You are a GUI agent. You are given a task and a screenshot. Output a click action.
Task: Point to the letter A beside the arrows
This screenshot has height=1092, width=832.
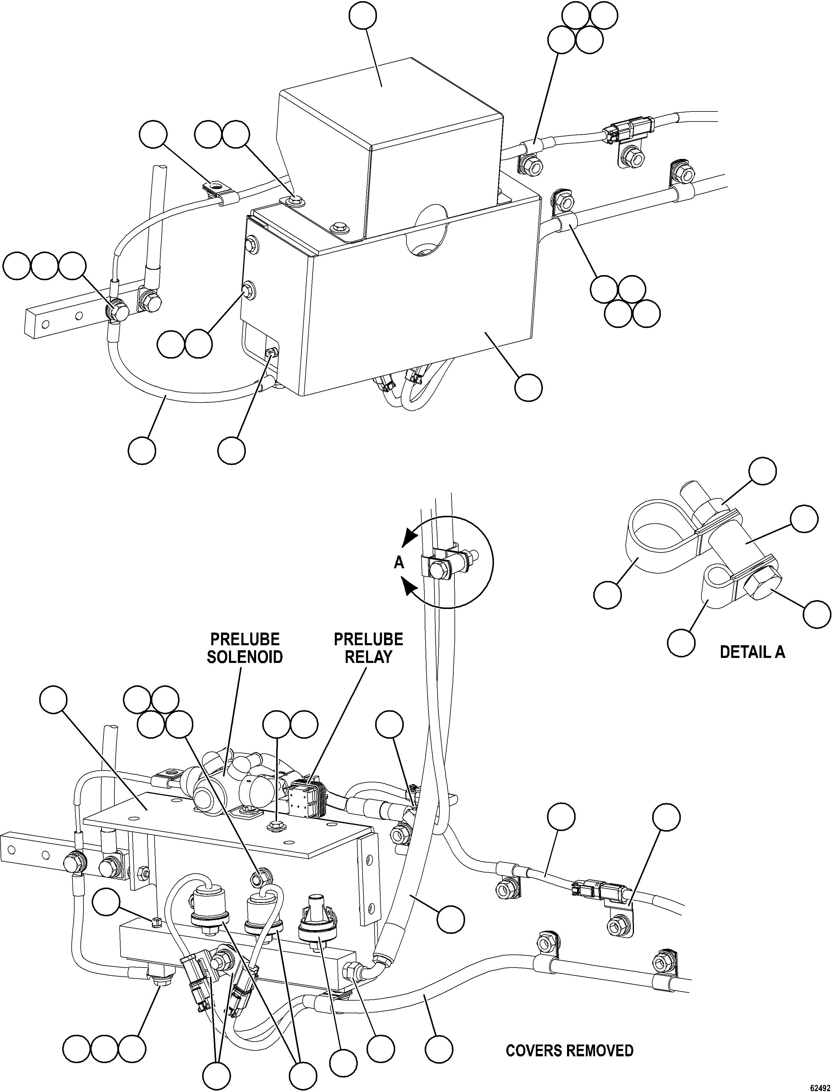(x=399, y=563)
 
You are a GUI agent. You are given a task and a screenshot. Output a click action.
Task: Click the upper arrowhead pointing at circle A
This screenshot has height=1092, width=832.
(x=410, y=537)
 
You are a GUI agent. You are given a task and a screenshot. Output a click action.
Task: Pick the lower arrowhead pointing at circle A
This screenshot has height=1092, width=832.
(x=410, y=588)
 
